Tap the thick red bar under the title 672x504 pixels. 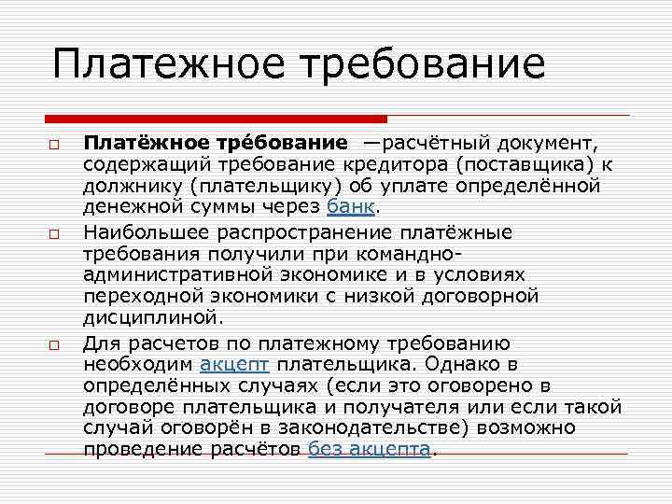pyautogui.click(x=216, y=119)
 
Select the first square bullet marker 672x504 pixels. pyautogui.click(x=56, y=147)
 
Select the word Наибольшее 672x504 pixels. pyautogui.click(x=142, y=231)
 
